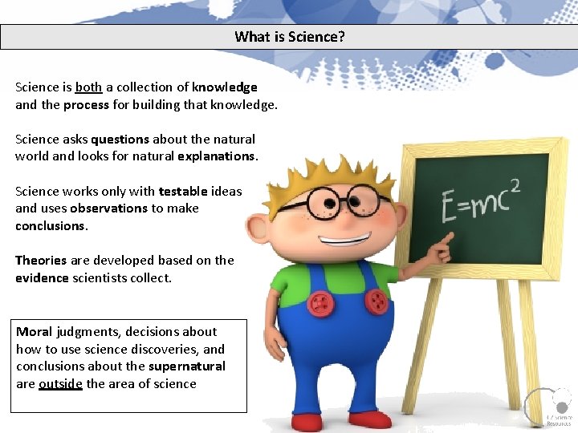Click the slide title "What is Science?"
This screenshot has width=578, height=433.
coord(289,37)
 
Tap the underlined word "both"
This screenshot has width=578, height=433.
coord(88,87)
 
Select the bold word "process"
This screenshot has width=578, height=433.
coord(86,104)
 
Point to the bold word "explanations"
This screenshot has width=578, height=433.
coord(216,156)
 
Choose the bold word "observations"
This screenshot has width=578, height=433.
coord(108,208)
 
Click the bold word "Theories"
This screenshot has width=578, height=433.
coord(41,260)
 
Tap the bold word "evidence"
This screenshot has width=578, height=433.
coord(42,277)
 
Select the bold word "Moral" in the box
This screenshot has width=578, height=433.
coord(34,331)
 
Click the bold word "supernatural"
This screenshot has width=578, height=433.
coord(186,366)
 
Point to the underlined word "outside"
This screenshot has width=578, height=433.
coord(60,383)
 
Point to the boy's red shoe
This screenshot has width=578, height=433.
coord(369,419)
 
